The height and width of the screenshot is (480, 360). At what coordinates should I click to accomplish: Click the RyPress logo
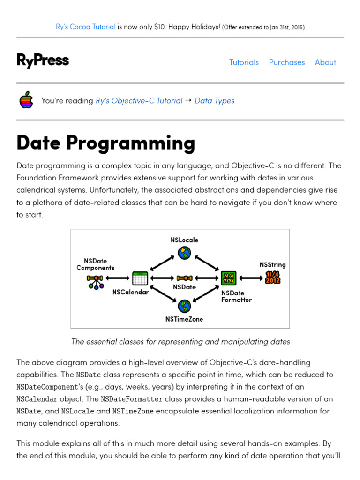(43, 61)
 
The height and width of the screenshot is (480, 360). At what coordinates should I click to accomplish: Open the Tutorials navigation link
(244, 62)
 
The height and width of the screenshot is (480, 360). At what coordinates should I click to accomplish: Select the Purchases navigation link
(286, 62)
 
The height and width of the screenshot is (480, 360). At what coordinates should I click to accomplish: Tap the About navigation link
(325, 62)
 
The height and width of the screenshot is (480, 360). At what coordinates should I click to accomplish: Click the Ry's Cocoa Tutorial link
(86, 27)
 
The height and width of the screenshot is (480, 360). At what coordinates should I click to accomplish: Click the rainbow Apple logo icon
(26, 100)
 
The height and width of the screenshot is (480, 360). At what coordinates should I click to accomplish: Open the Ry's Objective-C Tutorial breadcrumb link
(139, 101)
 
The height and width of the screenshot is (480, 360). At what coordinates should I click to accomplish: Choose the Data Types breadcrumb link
(214, 101)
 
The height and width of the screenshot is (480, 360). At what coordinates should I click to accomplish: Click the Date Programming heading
(105, 143)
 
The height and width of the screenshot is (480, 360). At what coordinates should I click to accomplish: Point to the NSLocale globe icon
(185, 253)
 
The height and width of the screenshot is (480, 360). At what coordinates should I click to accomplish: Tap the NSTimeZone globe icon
(185, 307)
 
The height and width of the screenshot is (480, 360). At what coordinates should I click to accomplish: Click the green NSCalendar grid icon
(140, 278)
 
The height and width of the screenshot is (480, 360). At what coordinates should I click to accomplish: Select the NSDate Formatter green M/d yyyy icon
(229, 278)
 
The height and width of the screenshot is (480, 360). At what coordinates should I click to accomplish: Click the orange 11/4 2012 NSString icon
(273, 277)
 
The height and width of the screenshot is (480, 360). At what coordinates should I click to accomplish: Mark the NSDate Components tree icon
(95, 281)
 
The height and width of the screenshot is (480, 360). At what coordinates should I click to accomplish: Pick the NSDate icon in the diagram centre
(184, 278)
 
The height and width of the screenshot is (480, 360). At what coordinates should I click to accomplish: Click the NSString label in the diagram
(272, 265)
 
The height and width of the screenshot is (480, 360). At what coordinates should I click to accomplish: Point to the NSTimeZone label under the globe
(184, 319)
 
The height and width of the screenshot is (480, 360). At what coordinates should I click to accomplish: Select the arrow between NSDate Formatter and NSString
(251, 278)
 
